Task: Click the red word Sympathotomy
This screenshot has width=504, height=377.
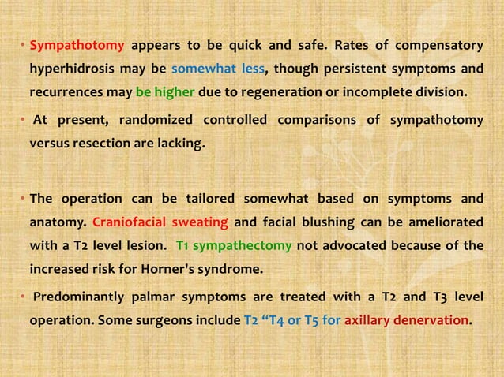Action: point(77,43)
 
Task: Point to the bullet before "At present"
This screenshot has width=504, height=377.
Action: point(23,121)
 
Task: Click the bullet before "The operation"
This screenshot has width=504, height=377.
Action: point(23,198)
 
